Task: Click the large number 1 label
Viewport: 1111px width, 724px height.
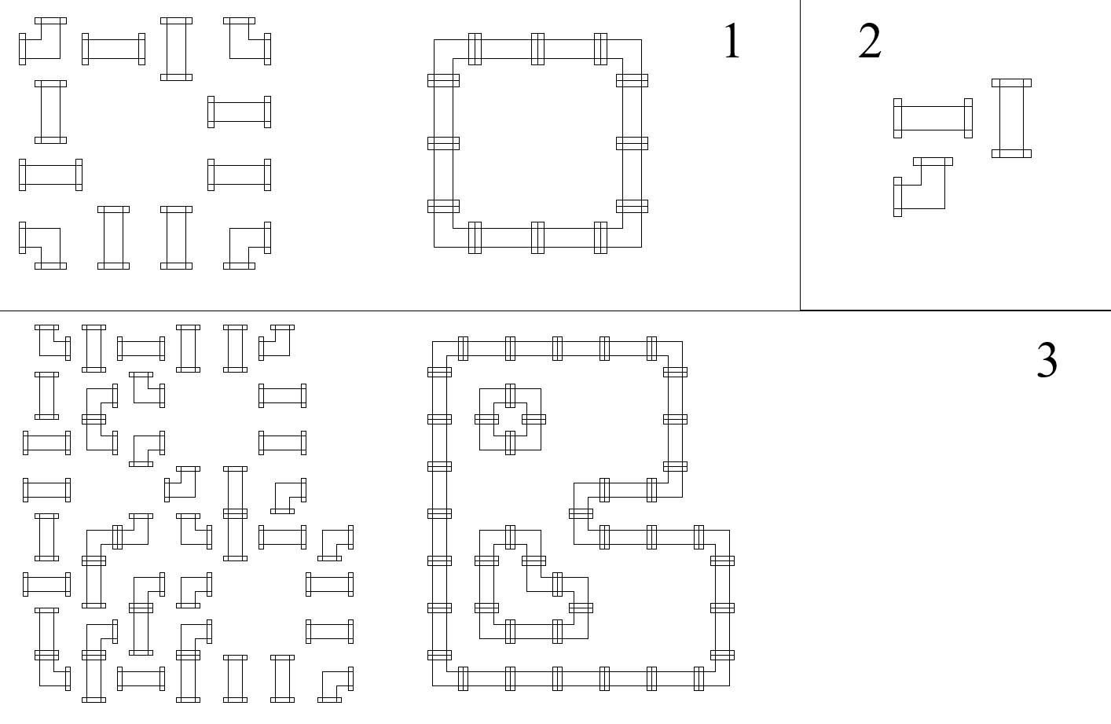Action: click(732, 41)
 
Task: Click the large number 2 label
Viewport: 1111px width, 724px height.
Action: click(870, 41)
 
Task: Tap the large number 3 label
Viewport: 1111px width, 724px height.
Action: click(1047, 360)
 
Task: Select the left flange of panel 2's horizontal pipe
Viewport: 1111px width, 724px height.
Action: click(897, 118)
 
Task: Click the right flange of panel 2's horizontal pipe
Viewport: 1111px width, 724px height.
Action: click(968, 118)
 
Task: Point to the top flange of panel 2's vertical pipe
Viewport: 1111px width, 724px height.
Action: click(1011, 83)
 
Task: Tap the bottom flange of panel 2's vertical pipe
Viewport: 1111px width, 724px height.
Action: click(1011, 153)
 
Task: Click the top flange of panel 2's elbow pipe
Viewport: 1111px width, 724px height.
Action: click(933, 161)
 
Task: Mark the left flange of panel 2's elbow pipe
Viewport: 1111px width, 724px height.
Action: click(897, 197)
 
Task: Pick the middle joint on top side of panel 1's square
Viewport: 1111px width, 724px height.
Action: click(537, 49)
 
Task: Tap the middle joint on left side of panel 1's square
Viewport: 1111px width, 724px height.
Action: click(443, 143)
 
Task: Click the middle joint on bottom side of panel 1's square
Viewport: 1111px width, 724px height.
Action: click(537, 237)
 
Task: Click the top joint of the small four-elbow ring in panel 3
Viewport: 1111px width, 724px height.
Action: click(511, 395)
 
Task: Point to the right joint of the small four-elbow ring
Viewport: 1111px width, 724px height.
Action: click(533, 419)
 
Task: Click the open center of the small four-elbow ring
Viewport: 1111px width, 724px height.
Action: click(511, 419)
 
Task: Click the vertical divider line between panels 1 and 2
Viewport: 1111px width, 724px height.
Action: click(800, 155)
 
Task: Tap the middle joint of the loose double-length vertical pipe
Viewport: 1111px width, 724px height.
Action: click(235, 513)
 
